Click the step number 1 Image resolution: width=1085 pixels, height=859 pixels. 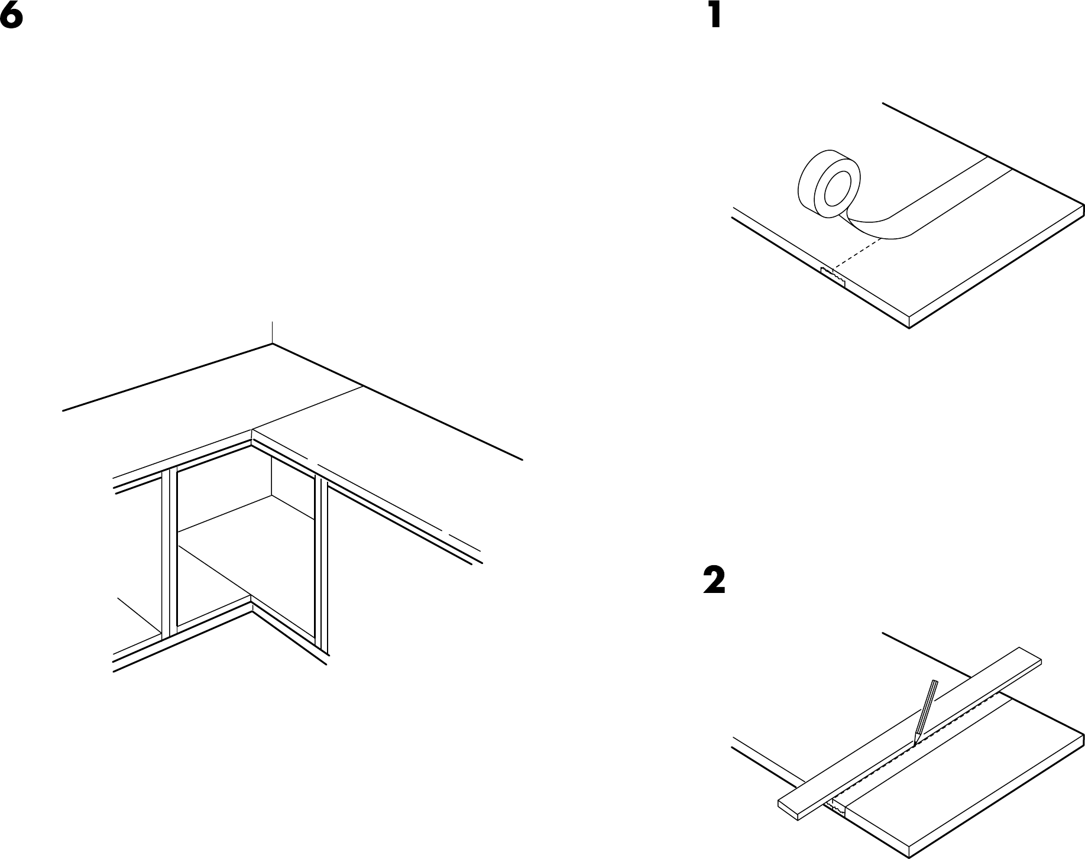tap(715, 15)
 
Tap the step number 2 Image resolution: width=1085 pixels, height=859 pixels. tap(714, 581)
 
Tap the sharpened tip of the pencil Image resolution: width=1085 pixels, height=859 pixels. tap(915, 743)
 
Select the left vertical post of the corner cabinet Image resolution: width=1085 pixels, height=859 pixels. tap(169, 553)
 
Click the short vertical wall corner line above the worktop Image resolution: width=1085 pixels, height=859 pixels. tap(272, 332)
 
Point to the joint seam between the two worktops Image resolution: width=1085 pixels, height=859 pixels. tap(307, 409)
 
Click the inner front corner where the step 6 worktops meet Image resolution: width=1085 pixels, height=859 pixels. tap(252, 432)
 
